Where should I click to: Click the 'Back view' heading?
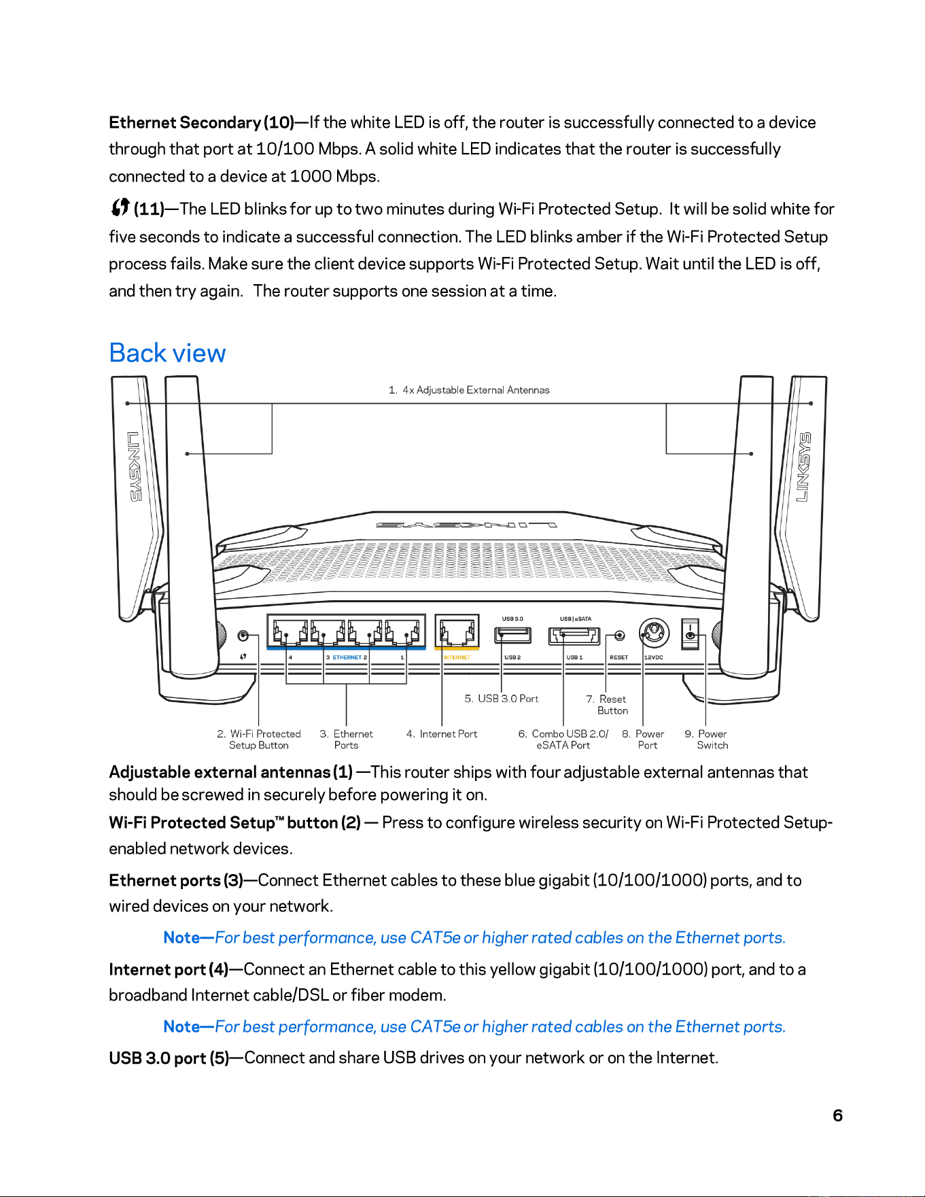click(167, 353)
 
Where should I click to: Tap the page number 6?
click(838, 1115)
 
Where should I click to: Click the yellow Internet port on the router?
click(457, 631)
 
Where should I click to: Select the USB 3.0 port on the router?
click(512, 636)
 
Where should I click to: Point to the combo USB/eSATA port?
click(575, 636)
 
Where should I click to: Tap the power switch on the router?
click(691, 634)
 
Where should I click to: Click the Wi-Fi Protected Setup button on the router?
click(243, 636)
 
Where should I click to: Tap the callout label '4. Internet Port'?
click(442, 734)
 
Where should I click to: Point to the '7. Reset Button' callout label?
click(607, 705)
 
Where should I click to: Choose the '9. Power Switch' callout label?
click(706, 740)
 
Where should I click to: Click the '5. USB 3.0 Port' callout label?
click(502, 699)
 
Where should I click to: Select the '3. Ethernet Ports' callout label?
click(347, 740)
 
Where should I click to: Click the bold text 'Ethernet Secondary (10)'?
click(202, 123)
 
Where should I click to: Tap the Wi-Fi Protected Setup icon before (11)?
click(120, 207)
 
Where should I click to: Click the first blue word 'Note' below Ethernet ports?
click(181, 938)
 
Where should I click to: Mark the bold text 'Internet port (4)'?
click(169, 969)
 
